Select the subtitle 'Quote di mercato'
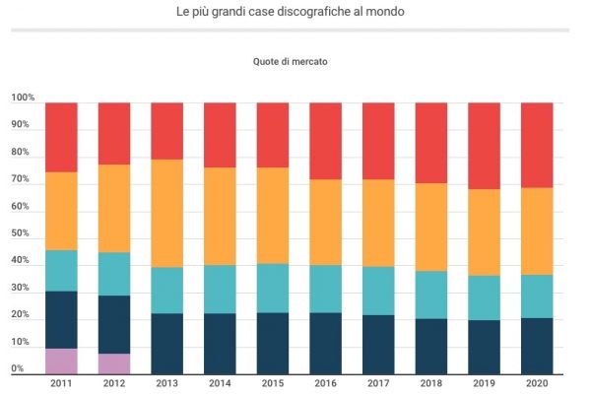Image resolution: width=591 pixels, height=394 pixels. pyautogui.click(x=291, y=61)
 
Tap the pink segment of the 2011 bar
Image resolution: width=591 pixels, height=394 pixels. pyautogui.click(x=61, y=361)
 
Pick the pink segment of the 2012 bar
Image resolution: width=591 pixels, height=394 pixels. pyautogui.click(x=114, y=363)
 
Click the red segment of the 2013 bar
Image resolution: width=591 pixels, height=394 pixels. pyautogui.click(x=167, y=131)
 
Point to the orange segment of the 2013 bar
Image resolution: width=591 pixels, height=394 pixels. pyautogui.click(x=167, y=213)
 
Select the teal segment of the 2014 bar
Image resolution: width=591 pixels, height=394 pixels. pyautogui.click(x=221, y=289)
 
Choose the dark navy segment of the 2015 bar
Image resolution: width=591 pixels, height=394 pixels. pyautogui.click(x=274, y=343)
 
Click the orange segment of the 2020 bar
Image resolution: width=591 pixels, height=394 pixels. pyautogui.click(x=537, y=230)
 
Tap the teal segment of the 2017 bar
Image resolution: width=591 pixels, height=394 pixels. pyautogui.click(x=379, y=291)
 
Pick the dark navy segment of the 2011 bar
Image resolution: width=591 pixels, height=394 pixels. pyautogui.click(x=61, y=319)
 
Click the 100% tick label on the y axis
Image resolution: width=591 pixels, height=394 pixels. pyautogui.click(x=23, y=98)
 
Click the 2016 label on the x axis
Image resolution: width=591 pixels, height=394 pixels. pyautogui.click(x=326, y=383)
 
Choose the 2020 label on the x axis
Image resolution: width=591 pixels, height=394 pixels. pyautogui.click(x=537, y=383)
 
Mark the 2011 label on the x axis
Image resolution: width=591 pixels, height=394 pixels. pyautogui.click(x=61, y=383)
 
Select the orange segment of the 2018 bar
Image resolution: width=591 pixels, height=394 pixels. pyautogui.click(x=431, y=227)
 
